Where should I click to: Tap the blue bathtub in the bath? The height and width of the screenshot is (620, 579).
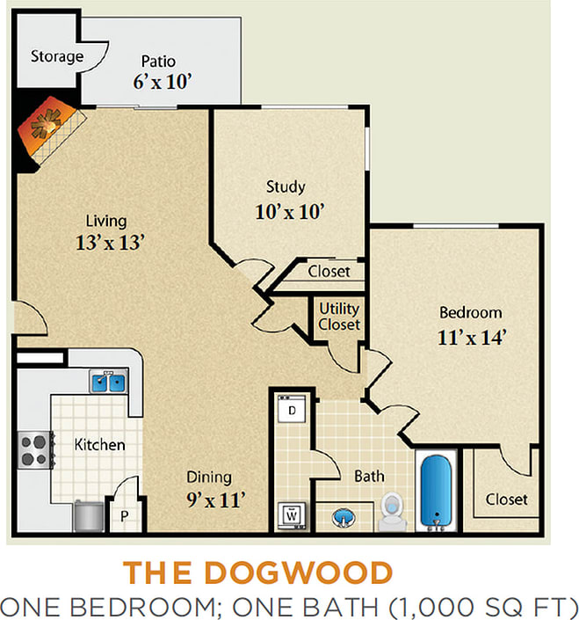click(436, 492)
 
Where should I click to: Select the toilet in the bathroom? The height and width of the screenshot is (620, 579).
click(391, 511)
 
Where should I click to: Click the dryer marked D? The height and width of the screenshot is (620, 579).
click(292, 410)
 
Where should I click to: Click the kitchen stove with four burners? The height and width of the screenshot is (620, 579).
click(34, 450)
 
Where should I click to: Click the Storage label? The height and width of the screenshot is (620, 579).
click(57, 57)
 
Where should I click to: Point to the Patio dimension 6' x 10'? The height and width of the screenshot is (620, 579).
click(163, 83)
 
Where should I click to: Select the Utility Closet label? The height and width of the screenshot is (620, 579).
click(338, 317)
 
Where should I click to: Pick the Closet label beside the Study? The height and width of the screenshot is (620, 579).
click(329, 272)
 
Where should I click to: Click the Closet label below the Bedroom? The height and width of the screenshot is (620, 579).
click(507, 499)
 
